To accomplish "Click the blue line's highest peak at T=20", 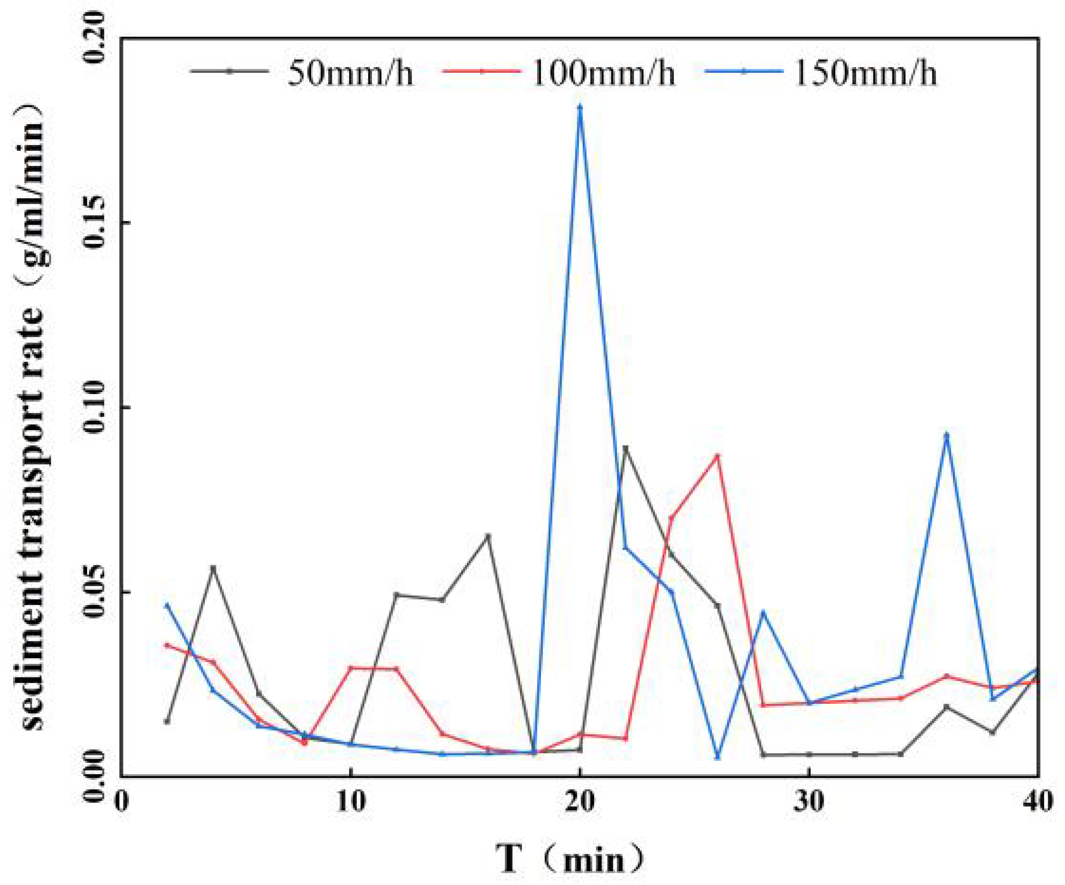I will click(580, 107).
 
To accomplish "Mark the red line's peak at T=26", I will click(717, 455).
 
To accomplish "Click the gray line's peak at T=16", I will click(488, 535).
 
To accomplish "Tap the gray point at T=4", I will click(213, 567).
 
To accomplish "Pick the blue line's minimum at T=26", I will click(717, 757).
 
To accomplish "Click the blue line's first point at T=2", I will click(167, 605).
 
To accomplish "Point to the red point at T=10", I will click(350, 668).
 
